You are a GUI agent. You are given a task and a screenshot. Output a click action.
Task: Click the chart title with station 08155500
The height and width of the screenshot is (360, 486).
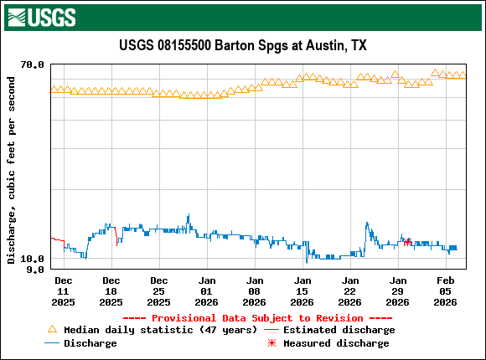(243, 45)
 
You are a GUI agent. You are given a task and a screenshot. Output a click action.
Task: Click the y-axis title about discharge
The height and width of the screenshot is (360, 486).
(11, 170)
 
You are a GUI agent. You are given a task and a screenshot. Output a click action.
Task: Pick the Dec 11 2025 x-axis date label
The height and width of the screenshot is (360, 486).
(63, 290)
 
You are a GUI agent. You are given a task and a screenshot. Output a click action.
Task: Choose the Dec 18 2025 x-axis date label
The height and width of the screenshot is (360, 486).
(111, 290)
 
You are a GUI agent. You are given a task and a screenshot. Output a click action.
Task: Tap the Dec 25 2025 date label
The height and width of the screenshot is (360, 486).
(158, 290)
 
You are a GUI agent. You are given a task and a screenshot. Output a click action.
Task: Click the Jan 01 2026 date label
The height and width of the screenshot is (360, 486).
(207, 290)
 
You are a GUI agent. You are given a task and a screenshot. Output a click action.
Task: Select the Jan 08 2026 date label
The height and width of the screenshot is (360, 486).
(255, 290)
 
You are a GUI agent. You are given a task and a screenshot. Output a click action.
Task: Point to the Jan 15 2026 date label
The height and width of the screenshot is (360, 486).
(302, 290)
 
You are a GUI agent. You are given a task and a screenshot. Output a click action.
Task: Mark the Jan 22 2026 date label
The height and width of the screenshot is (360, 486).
(350, 290)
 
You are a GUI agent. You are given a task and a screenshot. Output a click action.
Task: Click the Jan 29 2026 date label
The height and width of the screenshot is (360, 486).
(398, 290)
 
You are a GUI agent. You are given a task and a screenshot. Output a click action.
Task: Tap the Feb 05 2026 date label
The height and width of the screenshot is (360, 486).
(446, 290)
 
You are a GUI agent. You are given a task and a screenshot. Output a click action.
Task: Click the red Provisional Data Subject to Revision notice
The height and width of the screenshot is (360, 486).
(257, 318)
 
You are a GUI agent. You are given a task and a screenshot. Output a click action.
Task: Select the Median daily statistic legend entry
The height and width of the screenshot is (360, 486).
(159, 330)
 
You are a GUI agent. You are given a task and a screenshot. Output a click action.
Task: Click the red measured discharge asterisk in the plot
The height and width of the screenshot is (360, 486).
(407, 242)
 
